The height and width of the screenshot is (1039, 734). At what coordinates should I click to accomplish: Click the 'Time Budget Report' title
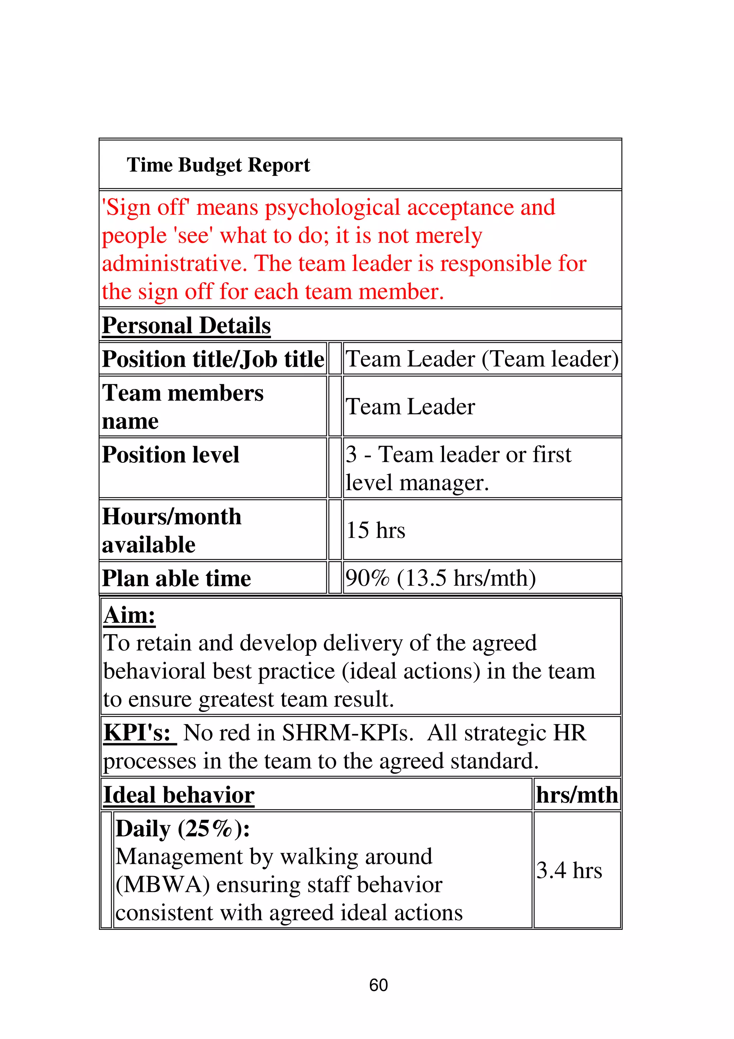pyautogui.click(x=218, y=165)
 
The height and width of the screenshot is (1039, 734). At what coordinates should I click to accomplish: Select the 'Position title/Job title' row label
pyautogui.click(x=213, y=359)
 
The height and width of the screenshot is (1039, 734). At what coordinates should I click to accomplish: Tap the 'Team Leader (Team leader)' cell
pyautogui.click(x=482, y=359)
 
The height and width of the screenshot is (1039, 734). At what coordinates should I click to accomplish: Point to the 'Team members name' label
pyautogui.click(x=182, y=407)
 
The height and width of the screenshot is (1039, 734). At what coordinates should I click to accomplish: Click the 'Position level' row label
pyautogui.click(x=170, y=455)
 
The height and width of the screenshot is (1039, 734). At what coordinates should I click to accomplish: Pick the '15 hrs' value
pyautogui.click(x=375, y=530)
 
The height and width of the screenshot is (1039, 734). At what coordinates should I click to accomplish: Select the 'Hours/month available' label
pyautogui.click(x=172, y=530)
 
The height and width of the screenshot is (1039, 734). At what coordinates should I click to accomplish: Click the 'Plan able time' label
pyautogui.click(x=176, y=578)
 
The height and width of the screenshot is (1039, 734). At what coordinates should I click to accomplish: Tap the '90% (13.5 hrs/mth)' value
pyautogui.click(x=440, y=578)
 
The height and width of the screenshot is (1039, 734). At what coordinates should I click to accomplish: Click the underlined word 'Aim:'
pyautogui.click(x=129, y=615)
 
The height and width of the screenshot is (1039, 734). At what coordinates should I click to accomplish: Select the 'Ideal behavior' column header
pyautogui.click(x=178, y=795)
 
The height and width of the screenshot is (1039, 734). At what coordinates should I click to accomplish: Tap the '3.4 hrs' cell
pyautogui.click(x=569, y=870)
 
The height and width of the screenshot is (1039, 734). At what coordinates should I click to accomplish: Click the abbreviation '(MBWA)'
pyautogui.click(x=163, y=885)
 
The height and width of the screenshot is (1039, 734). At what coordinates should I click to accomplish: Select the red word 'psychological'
pyautogui.click(x=332, y=208)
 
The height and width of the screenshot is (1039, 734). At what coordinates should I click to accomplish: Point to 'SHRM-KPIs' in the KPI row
pyautogui.click(x=347, y=733)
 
